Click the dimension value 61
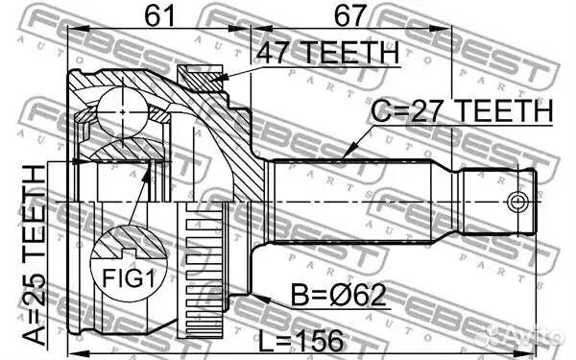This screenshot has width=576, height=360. point(159,15)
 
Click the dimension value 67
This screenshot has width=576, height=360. point(350,15)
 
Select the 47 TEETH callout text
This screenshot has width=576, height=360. point(327,53)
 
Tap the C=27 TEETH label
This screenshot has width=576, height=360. point(462,110)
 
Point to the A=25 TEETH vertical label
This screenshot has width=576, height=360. point(34,255)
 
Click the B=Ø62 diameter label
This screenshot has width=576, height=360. point(339,295)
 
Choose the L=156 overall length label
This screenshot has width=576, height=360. point(301,341)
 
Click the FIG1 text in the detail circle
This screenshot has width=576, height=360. point(129,278)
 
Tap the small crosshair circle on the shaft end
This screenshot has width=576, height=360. point(516,202)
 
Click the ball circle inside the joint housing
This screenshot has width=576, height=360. point(123,112)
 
